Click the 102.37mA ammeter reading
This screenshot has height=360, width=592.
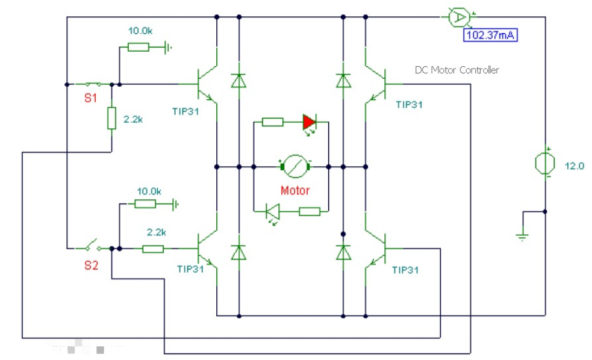(490, 35)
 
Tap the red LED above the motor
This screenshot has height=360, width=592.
(309, 122)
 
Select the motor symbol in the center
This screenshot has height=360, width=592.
(295, 166)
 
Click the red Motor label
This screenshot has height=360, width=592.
(295, 191)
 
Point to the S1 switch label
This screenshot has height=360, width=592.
(90, 99)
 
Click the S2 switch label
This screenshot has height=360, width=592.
(91, 265)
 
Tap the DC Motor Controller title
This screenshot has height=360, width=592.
(457, 70)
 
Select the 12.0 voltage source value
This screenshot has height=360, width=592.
(574, 166)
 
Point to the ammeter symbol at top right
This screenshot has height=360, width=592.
(459, 17)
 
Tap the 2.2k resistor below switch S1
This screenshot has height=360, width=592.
(111, 118)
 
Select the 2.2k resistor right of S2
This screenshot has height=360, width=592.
(153, 248)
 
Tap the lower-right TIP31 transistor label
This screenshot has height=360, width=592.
(405, 270)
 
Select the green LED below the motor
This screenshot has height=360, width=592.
(273, 211)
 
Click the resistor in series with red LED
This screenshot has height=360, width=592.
(273, 122)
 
